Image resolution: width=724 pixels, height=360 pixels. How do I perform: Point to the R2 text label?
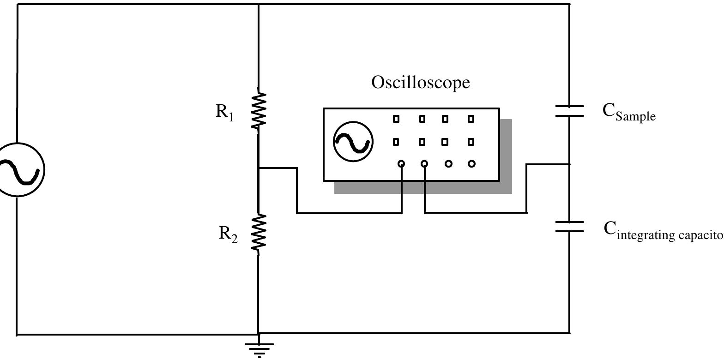coord(228,234)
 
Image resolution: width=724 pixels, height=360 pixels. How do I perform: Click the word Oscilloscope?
coord(421,83)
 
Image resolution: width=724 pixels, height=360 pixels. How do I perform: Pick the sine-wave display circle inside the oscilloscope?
coord(353,142)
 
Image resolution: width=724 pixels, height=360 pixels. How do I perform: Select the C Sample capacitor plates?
coord(570,111)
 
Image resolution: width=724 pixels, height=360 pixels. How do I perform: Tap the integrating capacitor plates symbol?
coord(570,226)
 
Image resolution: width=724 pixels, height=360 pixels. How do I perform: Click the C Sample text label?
coord(628,112)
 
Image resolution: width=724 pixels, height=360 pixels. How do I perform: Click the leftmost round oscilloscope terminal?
coord(401,164)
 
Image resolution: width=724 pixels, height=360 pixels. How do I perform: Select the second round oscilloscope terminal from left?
coord(424,164)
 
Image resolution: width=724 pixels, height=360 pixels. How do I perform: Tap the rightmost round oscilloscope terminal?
coord(471,164)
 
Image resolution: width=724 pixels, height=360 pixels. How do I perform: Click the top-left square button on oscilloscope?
coord(396,119)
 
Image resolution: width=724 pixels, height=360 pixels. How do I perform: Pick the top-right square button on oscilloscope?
coord(471,119)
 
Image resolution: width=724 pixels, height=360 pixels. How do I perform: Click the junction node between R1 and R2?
coord(259,168)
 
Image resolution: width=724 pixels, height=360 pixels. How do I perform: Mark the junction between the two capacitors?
coord(570,164)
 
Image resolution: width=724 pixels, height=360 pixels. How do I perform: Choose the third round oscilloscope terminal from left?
coord(448,164)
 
